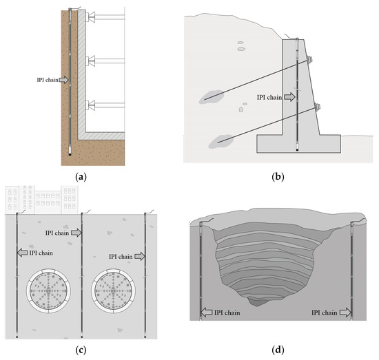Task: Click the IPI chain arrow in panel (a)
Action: click(x=64, y=81)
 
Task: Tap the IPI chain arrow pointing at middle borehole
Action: click(x=76, y=233)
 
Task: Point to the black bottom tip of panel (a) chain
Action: click(x=70, y=155)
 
